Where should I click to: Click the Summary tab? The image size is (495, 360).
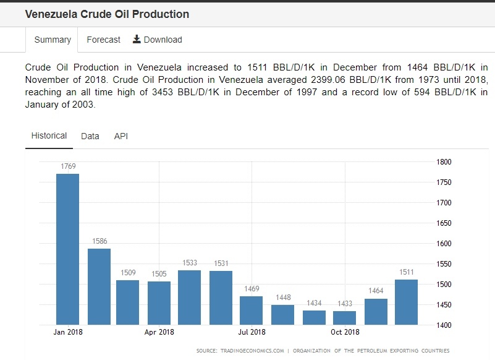coord(53,40)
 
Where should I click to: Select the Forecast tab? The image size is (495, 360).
coord(103,40)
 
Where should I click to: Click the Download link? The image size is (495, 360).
coord(158,40)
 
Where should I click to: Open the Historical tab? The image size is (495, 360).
coord(49,135)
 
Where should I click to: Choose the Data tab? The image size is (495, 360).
coord(90,136)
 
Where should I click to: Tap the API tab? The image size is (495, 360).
coord(121,136)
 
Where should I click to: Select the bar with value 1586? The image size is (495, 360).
coord(99,286)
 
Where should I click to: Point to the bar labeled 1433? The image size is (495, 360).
coord(344,317)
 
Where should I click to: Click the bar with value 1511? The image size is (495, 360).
coord(406,302)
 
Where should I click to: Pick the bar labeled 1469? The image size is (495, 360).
coord(252,310)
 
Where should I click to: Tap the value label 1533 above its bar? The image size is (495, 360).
coord(190,263)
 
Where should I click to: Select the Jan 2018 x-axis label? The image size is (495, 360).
coord(68,332)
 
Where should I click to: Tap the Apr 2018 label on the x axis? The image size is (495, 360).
coord(159,332)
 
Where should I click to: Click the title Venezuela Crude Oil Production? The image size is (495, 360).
coord(107,14)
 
